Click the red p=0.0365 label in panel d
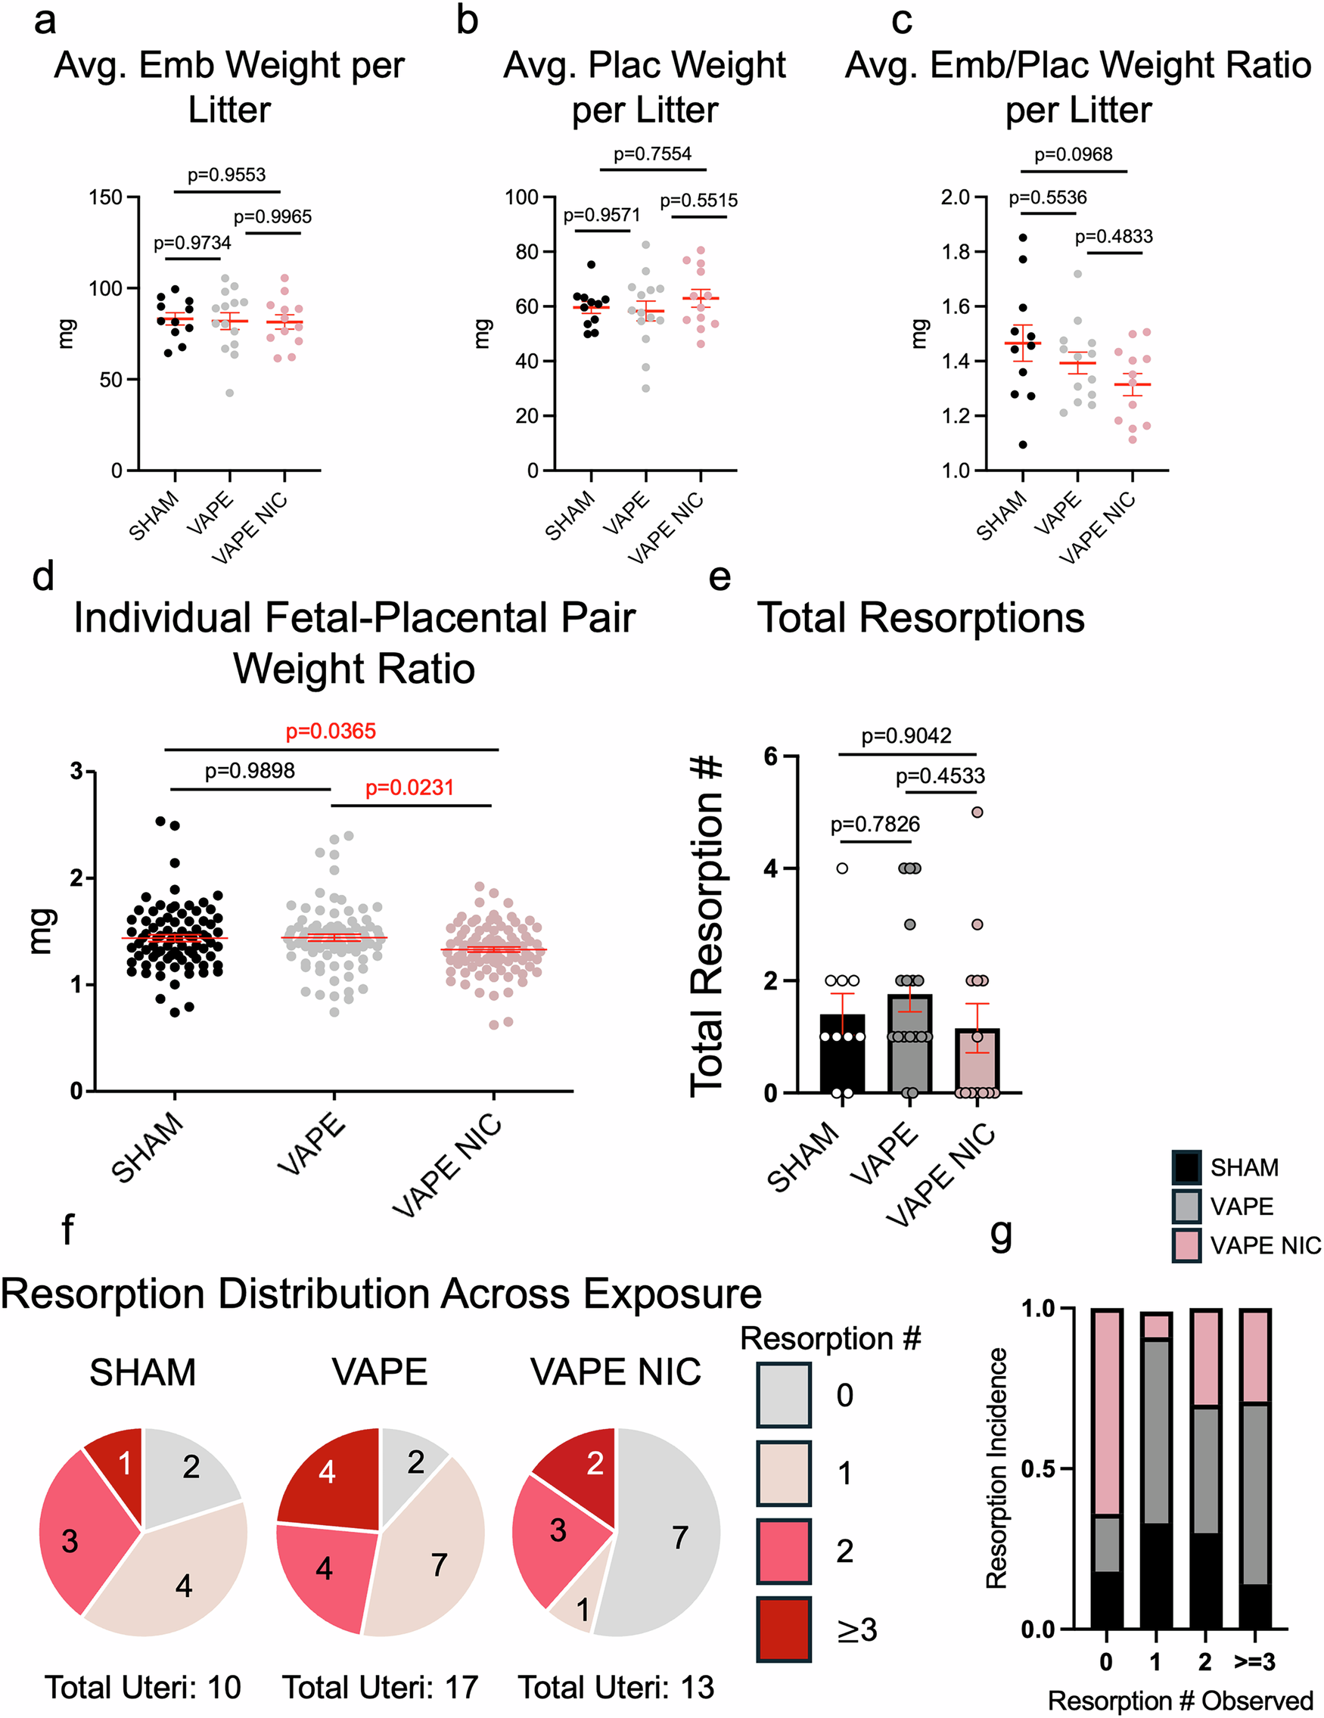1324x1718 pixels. (x=331, y=732)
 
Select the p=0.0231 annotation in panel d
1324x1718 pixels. (x=409, y=788)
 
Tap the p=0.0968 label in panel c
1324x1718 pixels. (x=1073, y=154)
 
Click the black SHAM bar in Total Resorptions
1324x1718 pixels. (x=842, y=1062)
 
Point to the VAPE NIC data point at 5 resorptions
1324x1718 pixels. (x=977, y=812)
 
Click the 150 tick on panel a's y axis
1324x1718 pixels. (x=105, y=197)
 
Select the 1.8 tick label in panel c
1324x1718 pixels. (x=954, y=252)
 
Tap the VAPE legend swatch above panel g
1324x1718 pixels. (x=1186, y=1206)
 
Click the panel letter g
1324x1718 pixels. (x=1001, y=1236)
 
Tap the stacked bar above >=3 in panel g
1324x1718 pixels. (x=1254, y=1471)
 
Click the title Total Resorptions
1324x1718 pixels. (x=921, y=617)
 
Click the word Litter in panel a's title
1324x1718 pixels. (x=229, y=110)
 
